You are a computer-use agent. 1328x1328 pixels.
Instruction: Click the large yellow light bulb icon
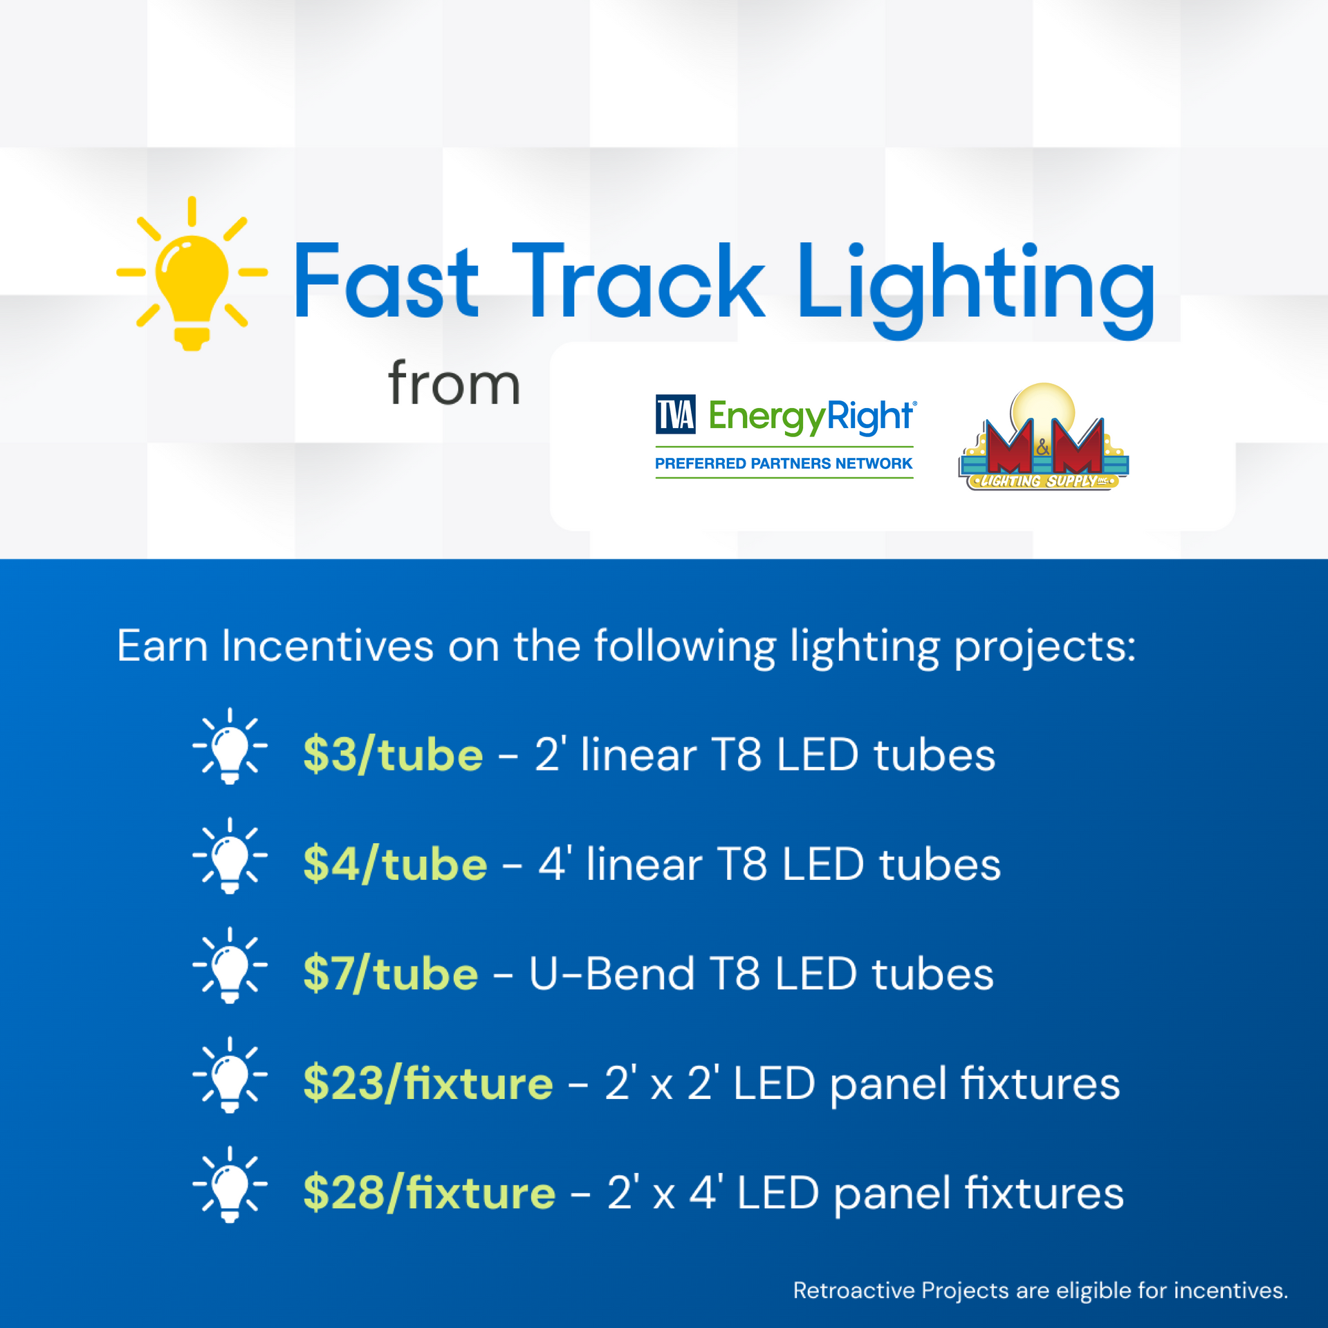pyautogui.click(x=192, y=274)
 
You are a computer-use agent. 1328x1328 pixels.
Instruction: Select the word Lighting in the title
pyautogui.click(x=976, y=289)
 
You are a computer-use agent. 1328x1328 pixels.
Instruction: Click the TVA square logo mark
pyautogui.click(x=676, y=414)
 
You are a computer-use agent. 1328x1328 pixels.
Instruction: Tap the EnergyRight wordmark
pyautogui.click(x=812, y=417)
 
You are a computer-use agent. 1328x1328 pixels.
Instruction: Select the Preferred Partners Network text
pyautogui.click(x=784, y=463)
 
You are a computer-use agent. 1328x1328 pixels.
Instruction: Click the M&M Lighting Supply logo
pyautogui.click(x=1043, y=436)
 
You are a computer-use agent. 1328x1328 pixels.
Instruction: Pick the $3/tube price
pyautogui.click(x=393, y=755)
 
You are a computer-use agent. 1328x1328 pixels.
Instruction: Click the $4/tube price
pyautogui.click(x=395, y=864)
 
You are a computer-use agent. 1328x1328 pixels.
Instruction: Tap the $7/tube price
pyautogui.click(x=391, y=974)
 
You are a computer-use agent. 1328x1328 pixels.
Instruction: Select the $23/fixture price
pyautogui.click(x=428, y=1083)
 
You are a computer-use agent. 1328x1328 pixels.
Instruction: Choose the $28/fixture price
pyautogui.click(x=430, y=1192)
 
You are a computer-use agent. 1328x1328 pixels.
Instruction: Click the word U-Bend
pyautogui.click(x=611, y=974)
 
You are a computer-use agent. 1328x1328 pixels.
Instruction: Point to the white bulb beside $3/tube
pyautogui.click(x=230, y=746)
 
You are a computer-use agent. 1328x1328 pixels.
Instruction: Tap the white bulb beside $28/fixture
pyautogui.click(x=230, y=1185)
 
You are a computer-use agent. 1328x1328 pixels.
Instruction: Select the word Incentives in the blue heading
pyautogui.click(x=327, y=646)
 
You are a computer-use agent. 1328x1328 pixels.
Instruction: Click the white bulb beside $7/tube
pyautogui.click(x=230, y=966)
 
